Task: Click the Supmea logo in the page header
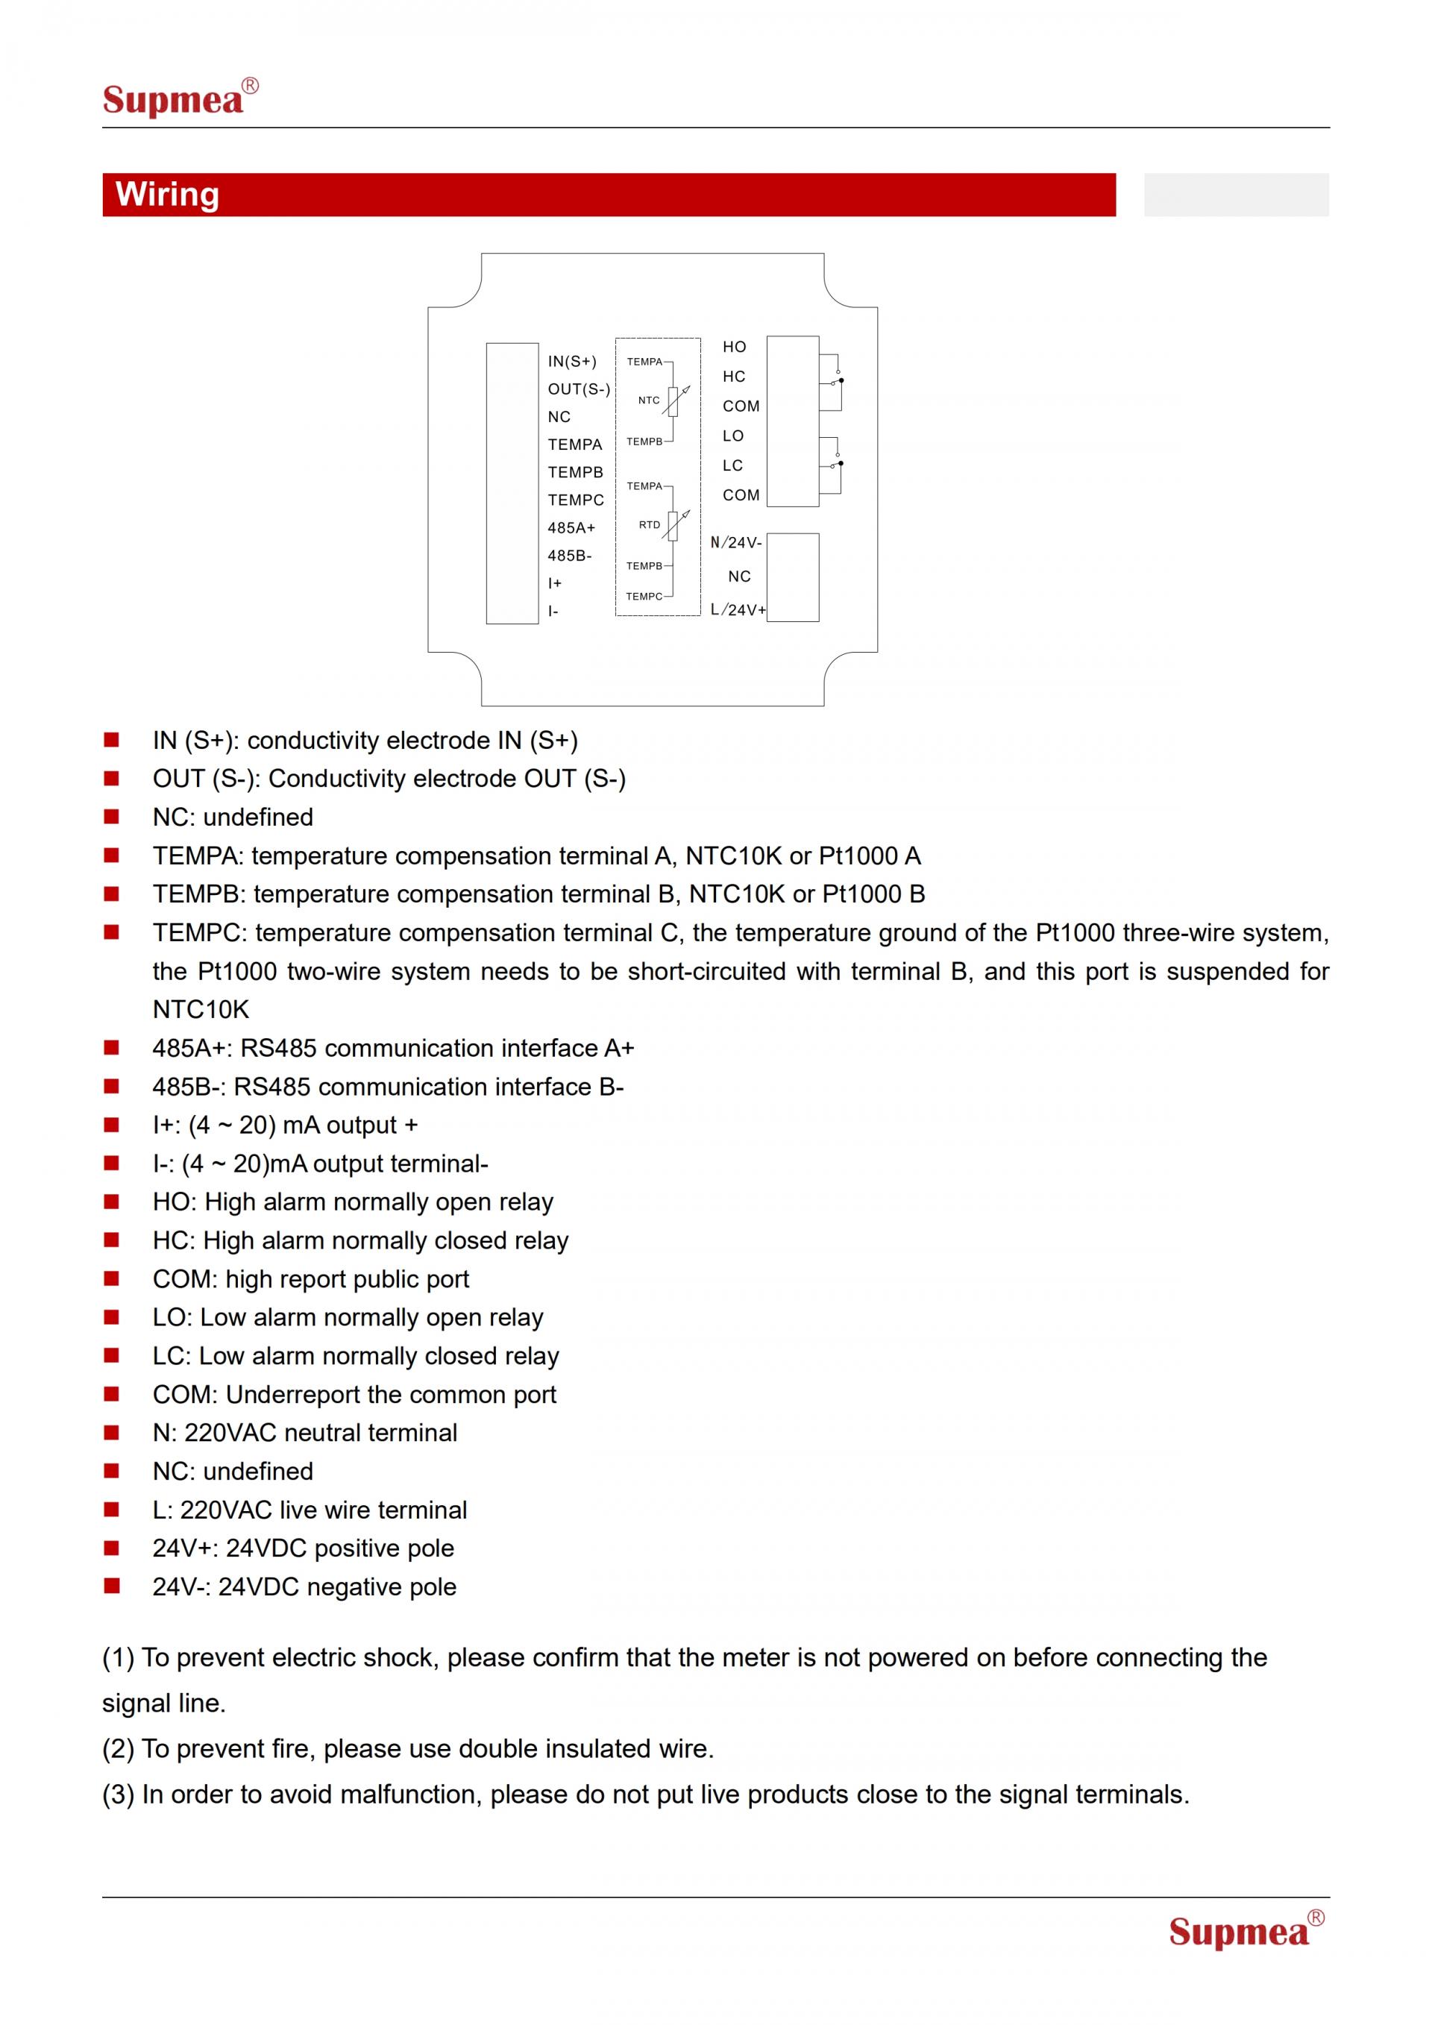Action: click(x=179, y=98)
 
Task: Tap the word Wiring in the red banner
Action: click(x=168, y=194)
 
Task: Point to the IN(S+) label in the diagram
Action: click(x=571, y=362)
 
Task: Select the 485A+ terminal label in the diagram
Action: click(x=571, y=527)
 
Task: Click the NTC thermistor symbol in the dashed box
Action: click(x=673, y=401)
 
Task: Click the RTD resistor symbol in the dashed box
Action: click(x=673, y=526)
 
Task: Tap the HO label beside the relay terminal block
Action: click(x=734, y=348)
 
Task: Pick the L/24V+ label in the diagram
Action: click(x=737, y=609)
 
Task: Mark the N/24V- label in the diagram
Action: click(x=735, y=542)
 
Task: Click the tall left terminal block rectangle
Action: click(x=512, y=483)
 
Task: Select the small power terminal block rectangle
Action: click(x=793, y=578)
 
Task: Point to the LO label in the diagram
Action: click(x=732, y=436)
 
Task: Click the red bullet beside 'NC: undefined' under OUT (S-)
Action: click(x=111, y=817)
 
